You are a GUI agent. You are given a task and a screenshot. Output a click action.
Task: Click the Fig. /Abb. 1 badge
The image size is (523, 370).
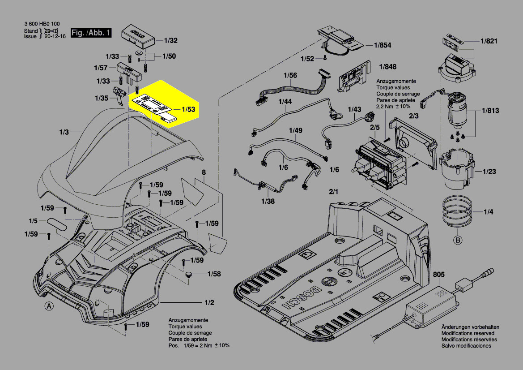(x=91, y=33)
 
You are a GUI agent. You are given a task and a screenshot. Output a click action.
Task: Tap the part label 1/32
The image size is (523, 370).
(x=171, y=40)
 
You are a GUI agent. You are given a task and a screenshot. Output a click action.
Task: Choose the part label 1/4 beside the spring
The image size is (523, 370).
(x=489, y=211)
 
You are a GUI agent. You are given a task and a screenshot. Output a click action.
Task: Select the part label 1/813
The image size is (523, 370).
(x=490, y=110)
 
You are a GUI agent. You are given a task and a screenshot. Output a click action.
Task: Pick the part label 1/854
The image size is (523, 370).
(x=383, y=45)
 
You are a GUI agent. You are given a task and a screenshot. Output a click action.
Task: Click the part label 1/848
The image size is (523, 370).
(x=387, y=67)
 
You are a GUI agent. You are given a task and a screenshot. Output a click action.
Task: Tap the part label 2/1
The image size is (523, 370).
(x=334, y=192)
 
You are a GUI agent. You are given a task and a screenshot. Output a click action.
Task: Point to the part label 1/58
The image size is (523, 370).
(x=214, y=273)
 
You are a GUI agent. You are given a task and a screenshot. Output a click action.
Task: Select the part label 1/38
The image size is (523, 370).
(x=268, y=201)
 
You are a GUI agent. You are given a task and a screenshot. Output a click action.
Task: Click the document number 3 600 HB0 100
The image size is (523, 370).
(x=42, y=24)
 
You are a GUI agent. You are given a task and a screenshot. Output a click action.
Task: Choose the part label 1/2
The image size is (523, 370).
(x=209, y=303)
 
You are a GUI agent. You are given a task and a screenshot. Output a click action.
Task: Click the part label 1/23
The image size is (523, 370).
(x=489, y=171)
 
